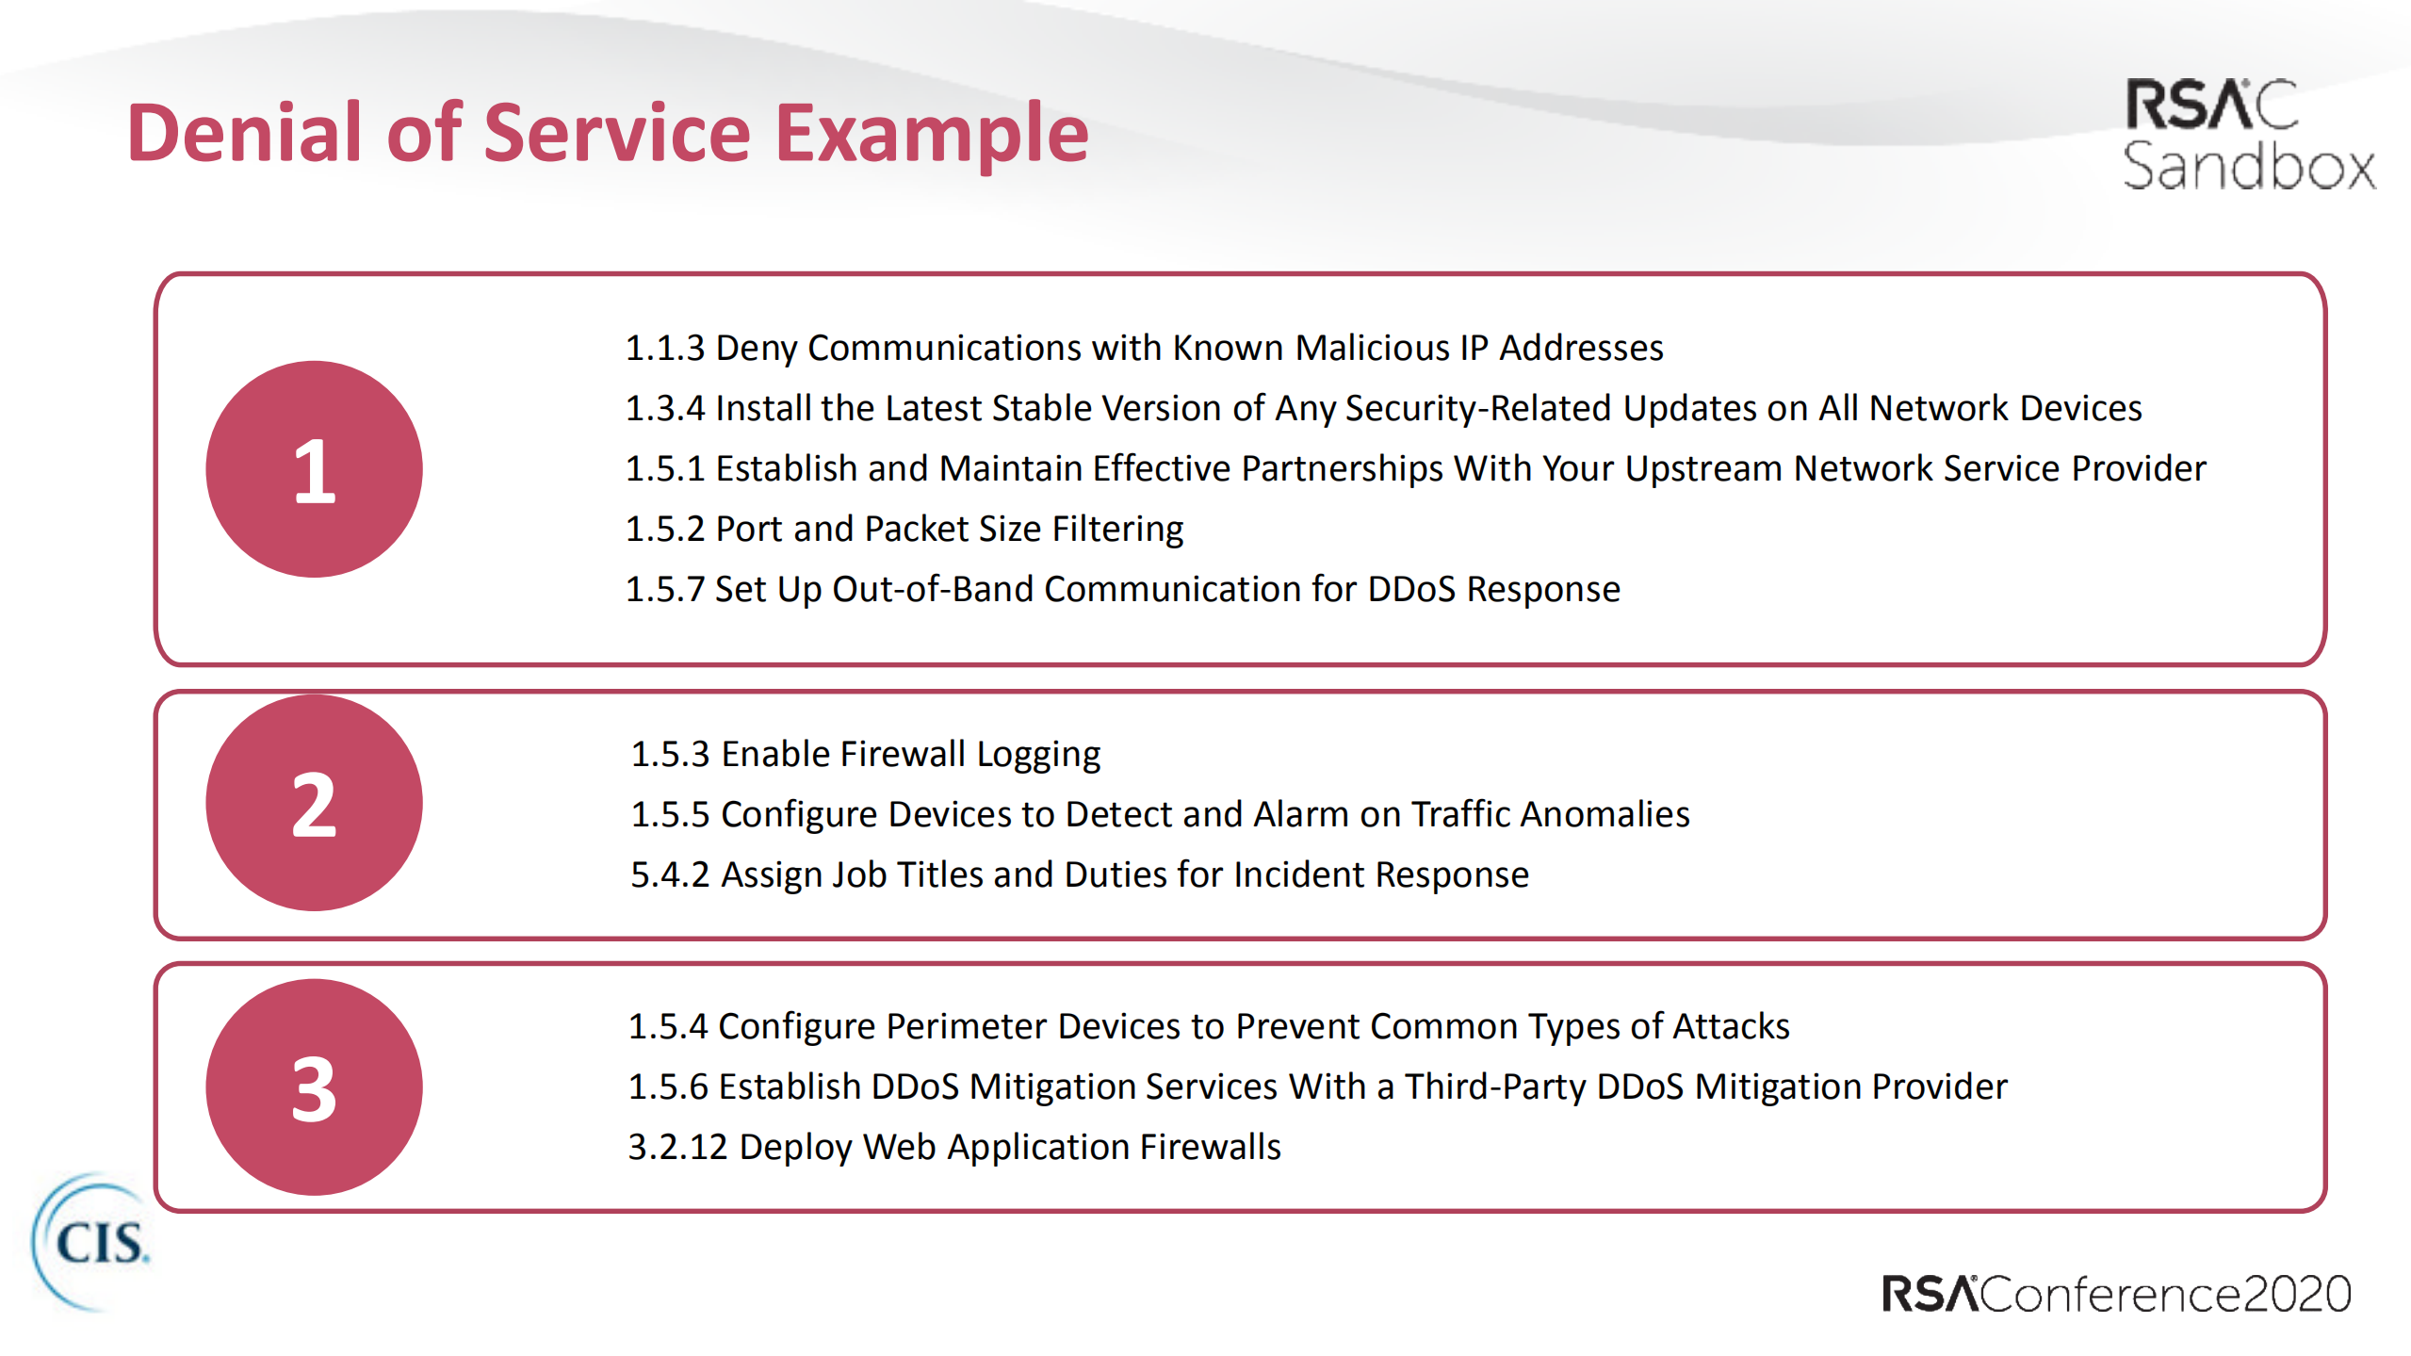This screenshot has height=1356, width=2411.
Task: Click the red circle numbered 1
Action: [314, 469]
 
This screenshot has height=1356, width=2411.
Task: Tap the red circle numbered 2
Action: [314, 803]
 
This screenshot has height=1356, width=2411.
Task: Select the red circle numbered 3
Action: [314, 1087]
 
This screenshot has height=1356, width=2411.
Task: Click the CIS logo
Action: [90, 1242]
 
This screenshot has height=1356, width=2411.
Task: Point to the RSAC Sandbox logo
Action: [2248, 135]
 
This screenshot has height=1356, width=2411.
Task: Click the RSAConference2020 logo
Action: [2116, 1293]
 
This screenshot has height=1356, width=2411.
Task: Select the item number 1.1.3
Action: [665, 348]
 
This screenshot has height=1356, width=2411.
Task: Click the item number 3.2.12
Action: [677, 1147]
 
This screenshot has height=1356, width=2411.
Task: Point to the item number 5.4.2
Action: [670, 874]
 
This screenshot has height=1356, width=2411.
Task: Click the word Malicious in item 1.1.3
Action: [1372, 348]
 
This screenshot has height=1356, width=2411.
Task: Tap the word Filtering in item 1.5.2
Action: [1117, 530]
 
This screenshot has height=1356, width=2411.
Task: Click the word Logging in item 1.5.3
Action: [1038, 755]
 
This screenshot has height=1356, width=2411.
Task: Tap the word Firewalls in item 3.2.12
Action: [1210, 1147]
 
